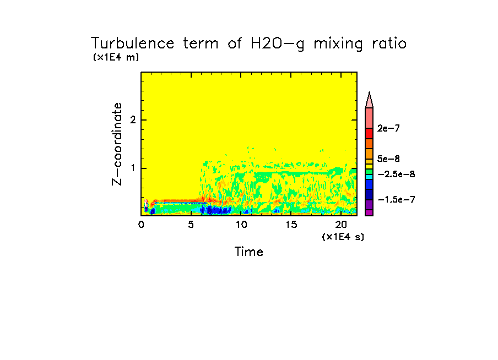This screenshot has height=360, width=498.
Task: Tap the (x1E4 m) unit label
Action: [116, 57]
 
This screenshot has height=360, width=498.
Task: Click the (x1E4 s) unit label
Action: [343, 236]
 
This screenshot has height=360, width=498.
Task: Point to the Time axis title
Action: [249, 252]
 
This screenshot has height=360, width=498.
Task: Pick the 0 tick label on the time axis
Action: [141, 225]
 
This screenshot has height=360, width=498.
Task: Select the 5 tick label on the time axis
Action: [191, 225]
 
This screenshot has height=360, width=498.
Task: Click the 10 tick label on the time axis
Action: [241, 225]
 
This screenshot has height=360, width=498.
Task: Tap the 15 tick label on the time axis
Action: [291, 225]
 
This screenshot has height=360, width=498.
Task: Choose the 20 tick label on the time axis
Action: [342, 225]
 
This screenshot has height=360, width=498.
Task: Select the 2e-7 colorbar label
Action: [389, 128]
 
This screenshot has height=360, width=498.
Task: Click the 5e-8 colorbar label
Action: [389, 159]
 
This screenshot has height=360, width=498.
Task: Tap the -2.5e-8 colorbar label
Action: [396, 173]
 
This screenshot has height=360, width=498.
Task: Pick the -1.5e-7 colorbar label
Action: [396, 199]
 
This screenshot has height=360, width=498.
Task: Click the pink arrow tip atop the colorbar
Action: [369, 100]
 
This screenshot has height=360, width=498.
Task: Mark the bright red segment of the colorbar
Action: [369, 133]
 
